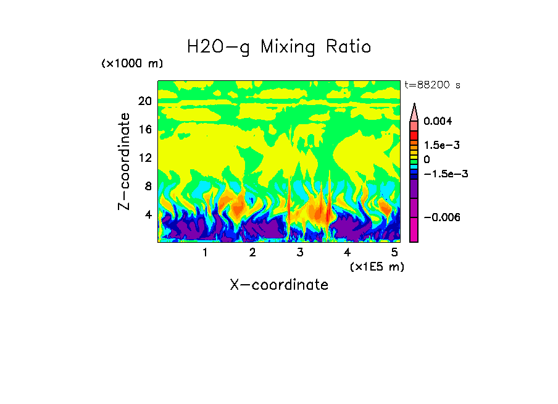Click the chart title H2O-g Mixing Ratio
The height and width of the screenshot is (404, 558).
[279, 46]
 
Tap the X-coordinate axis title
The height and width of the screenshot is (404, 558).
[279, 285]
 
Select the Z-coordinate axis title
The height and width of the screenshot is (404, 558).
[125, 161]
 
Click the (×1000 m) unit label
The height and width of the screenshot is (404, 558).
[132, 64]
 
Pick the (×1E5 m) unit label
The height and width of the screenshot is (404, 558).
[376, 266]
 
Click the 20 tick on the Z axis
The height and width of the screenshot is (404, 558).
[144, 101]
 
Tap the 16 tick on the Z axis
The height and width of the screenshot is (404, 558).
[144, 130]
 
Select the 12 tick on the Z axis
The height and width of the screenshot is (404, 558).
[144, 158]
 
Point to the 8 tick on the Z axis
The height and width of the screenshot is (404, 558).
[148, 186]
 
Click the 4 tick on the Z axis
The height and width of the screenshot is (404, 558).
[148, 214]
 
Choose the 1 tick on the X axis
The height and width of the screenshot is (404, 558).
[205, 252]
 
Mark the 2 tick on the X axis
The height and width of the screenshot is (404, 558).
[252, 252]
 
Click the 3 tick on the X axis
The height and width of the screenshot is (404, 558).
[300, 252]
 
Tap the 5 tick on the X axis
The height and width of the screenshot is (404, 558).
[394, 252]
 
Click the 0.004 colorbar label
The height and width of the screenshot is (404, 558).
[438, 121]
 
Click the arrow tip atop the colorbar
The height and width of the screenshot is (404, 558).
[414, 106]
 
